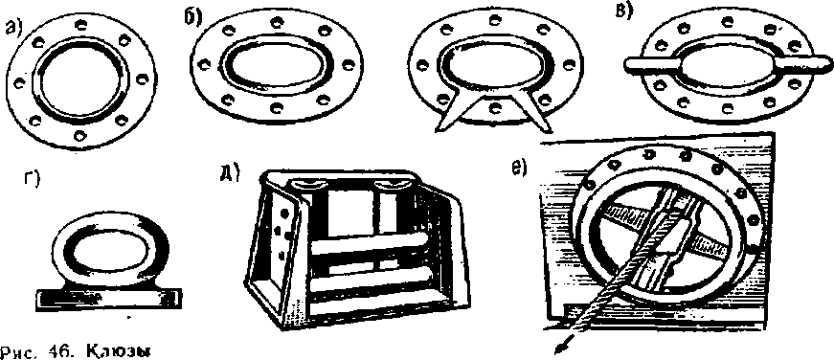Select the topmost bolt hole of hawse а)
[x=80, y=24]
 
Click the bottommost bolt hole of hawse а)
[x=79, y=135]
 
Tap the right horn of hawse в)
[x=803, y=67]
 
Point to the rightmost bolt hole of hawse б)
[x=348, y=65]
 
